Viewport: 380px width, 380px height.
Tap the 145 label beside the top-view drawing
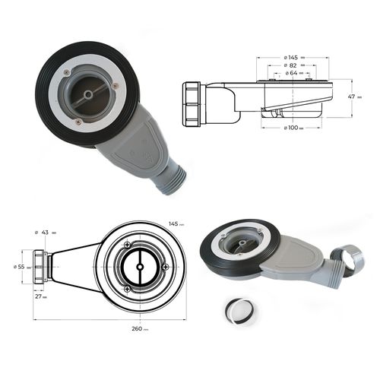[174, 223]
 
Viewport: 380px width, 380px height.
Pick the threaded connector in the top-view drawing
[40, 268]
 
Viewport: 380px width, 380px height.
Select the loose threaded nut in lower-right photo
[353, 261]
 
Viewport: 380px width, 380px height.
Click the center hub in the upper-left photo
[88, 93]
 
